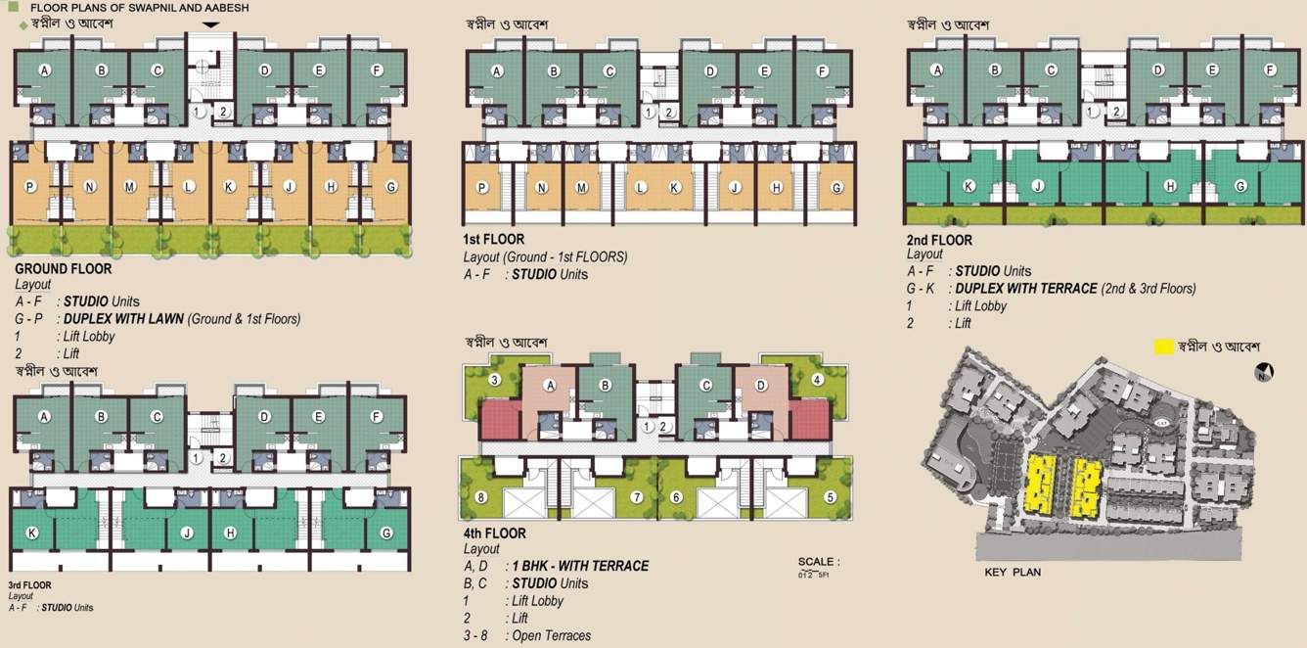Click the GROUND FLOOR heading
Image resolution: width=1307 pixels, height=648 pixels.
pos(64,268)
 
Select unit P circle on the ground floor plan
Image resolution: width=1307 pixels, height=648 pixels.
pos(30,186)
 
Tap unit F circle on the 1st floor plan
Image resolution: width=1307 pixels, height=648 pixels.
pos(822,70)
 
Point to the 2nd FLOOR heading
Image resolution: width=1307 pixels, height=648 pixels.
pos(939,240)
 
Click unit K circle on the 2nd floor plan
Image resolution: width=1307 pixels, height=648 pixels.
pos(969,186)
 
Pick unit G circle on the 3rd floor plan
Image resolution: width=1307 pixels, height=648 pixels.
pos(386,533)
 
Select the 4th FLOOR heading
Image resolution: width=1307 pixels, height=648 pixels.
pos(494,533)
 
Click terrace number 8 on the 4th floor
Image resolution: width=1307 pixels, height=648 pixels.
pos(480,497)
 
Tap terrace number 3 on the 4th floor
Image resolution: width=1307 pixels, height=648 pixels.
pos(495,380)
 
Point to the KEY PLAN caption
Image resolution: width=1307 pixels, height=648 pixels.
pos(1013,573)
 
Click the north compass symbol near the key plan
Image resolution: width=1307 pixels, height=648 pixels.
pos(1264,372)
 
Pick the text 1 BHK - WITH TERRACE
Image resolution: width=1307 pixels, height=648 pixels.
pos(580,566)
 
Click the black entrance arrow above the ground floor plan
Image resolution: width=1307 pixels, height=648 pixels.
pos(211,24)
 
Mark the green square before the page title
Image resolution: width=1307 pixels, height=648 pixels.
pos(12,8)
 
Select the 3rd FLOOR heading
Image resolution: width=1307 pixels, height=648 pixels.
pos(29,585)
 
